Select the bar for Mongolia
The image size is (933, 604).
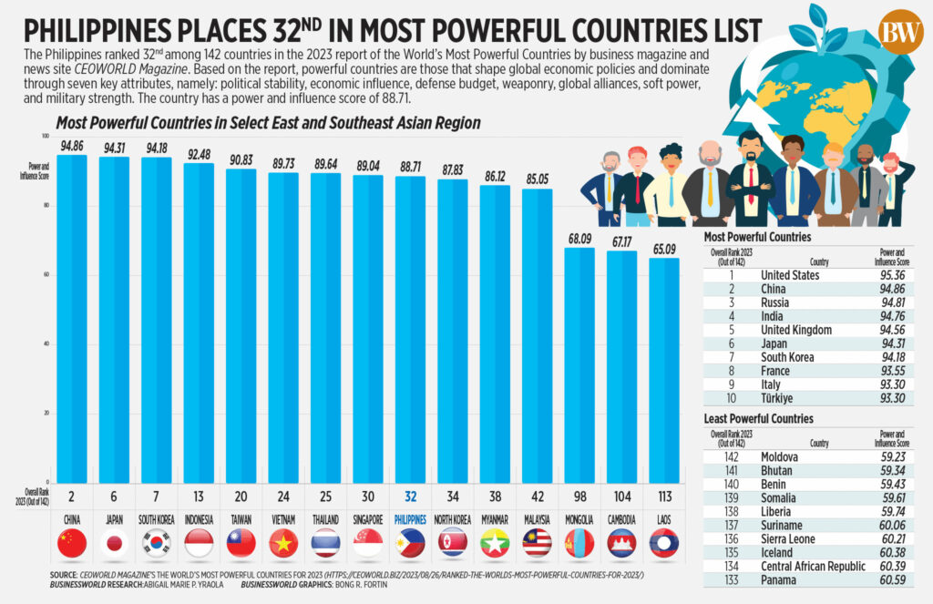tap(579, 364)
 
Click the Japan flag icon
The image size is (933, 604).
tap(114, 545)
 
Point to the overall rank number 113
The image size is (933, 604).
tap(663, 498)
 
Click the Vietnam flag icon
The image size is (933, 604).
tap(283, 545)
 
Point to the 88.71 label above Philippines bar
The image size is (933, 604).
tap(410, 168)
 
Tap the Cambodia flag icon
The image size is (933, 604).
tap(621, 545)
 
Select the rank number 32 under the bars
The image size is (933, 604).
tap(410, 498)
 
